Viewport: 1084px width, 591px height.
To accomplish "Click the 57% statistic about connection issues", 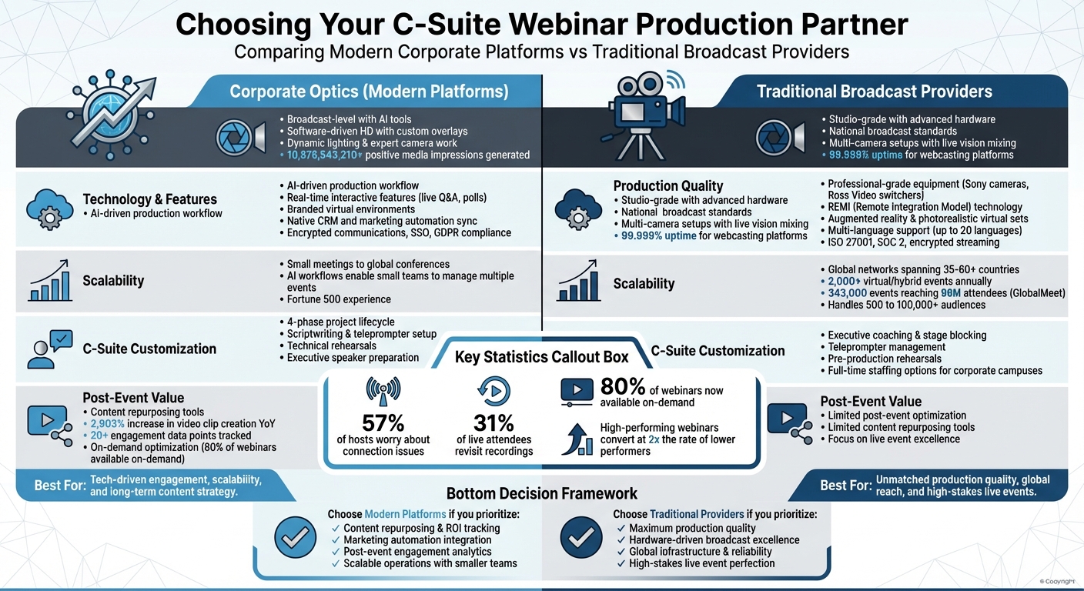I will pyautogui.click(x=383, y=423).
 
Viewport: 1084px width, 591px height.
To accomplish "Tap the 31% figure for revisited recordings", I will pyautogui.click(x=494, y=423).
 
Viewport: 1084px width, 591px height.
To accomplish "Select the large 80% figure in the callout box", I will pyautogui.click(x=622, y=386).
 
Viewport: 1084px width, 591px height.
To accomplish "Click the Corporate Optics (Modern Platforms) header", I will pyautogui.click(x=369, y=92).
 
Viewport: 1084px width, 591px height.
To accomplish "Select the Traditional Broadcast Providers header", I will pyautogui.click(x=874, y=92).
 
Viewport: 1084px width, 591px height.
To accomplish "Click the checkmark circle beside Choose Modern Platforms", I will pyautogui.click(x=294, y=536).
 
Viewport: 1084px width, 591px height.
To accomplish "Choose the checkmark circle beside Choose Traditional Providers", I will pyautogui.click(x=580, y=536).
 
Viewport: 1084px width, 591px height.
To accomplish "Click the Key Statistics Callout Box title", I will pyautogui.click(x=541, y=357).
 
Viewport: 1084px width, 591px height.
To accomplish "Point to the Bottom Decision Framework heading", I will pyautogui.click(x=541, y=493).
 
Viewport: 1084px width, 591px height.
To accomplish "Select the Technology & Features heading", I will pyautogui.click(x=149, y=199).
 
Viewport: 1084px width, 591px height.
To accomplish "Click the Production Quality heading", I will pyautogui.click(x=667, y=185).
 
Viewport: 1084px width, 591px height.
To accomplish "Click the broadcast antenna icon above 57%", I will pyautogui.click(x=383, y=391).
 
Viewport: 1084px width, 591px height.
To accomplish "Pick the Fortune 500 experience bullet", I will pyautogui.click(x=339, y=299).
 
